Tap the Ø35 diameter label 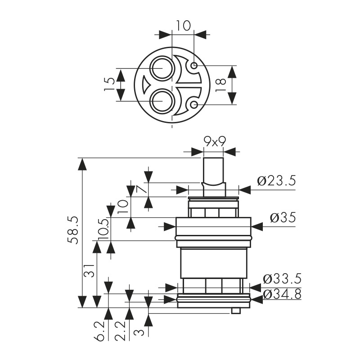(x=283, y=218)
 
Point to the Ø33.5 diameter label (x=282, y=279)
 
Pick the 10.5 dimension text (x=103, y=229)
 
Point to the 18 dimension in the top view (x=220, y=85)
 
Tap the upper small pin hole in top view (x=194, y=66)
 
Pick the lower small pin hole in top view (x=194, y=105)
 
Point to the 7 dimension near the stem (x=142, y=189)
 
